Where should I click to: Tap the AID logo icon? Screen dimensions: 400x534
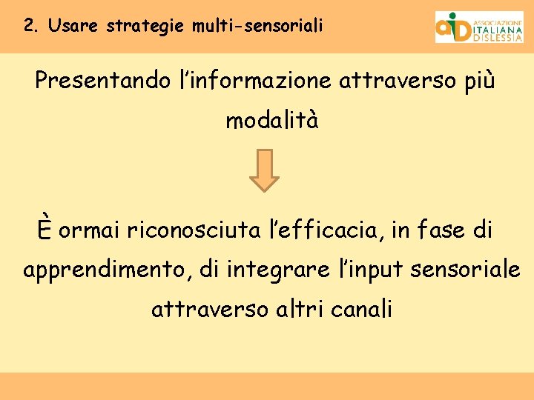coord(452,27)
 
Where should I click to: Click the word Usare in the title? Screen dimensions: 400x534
coord(75,26)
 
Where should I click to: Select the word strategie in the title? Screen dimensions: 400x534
coord(146,27)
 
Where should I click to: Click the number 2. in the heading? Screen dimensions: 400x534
coord(31,26)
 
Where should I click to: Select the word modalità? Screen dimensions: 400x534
coord(272,120)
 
